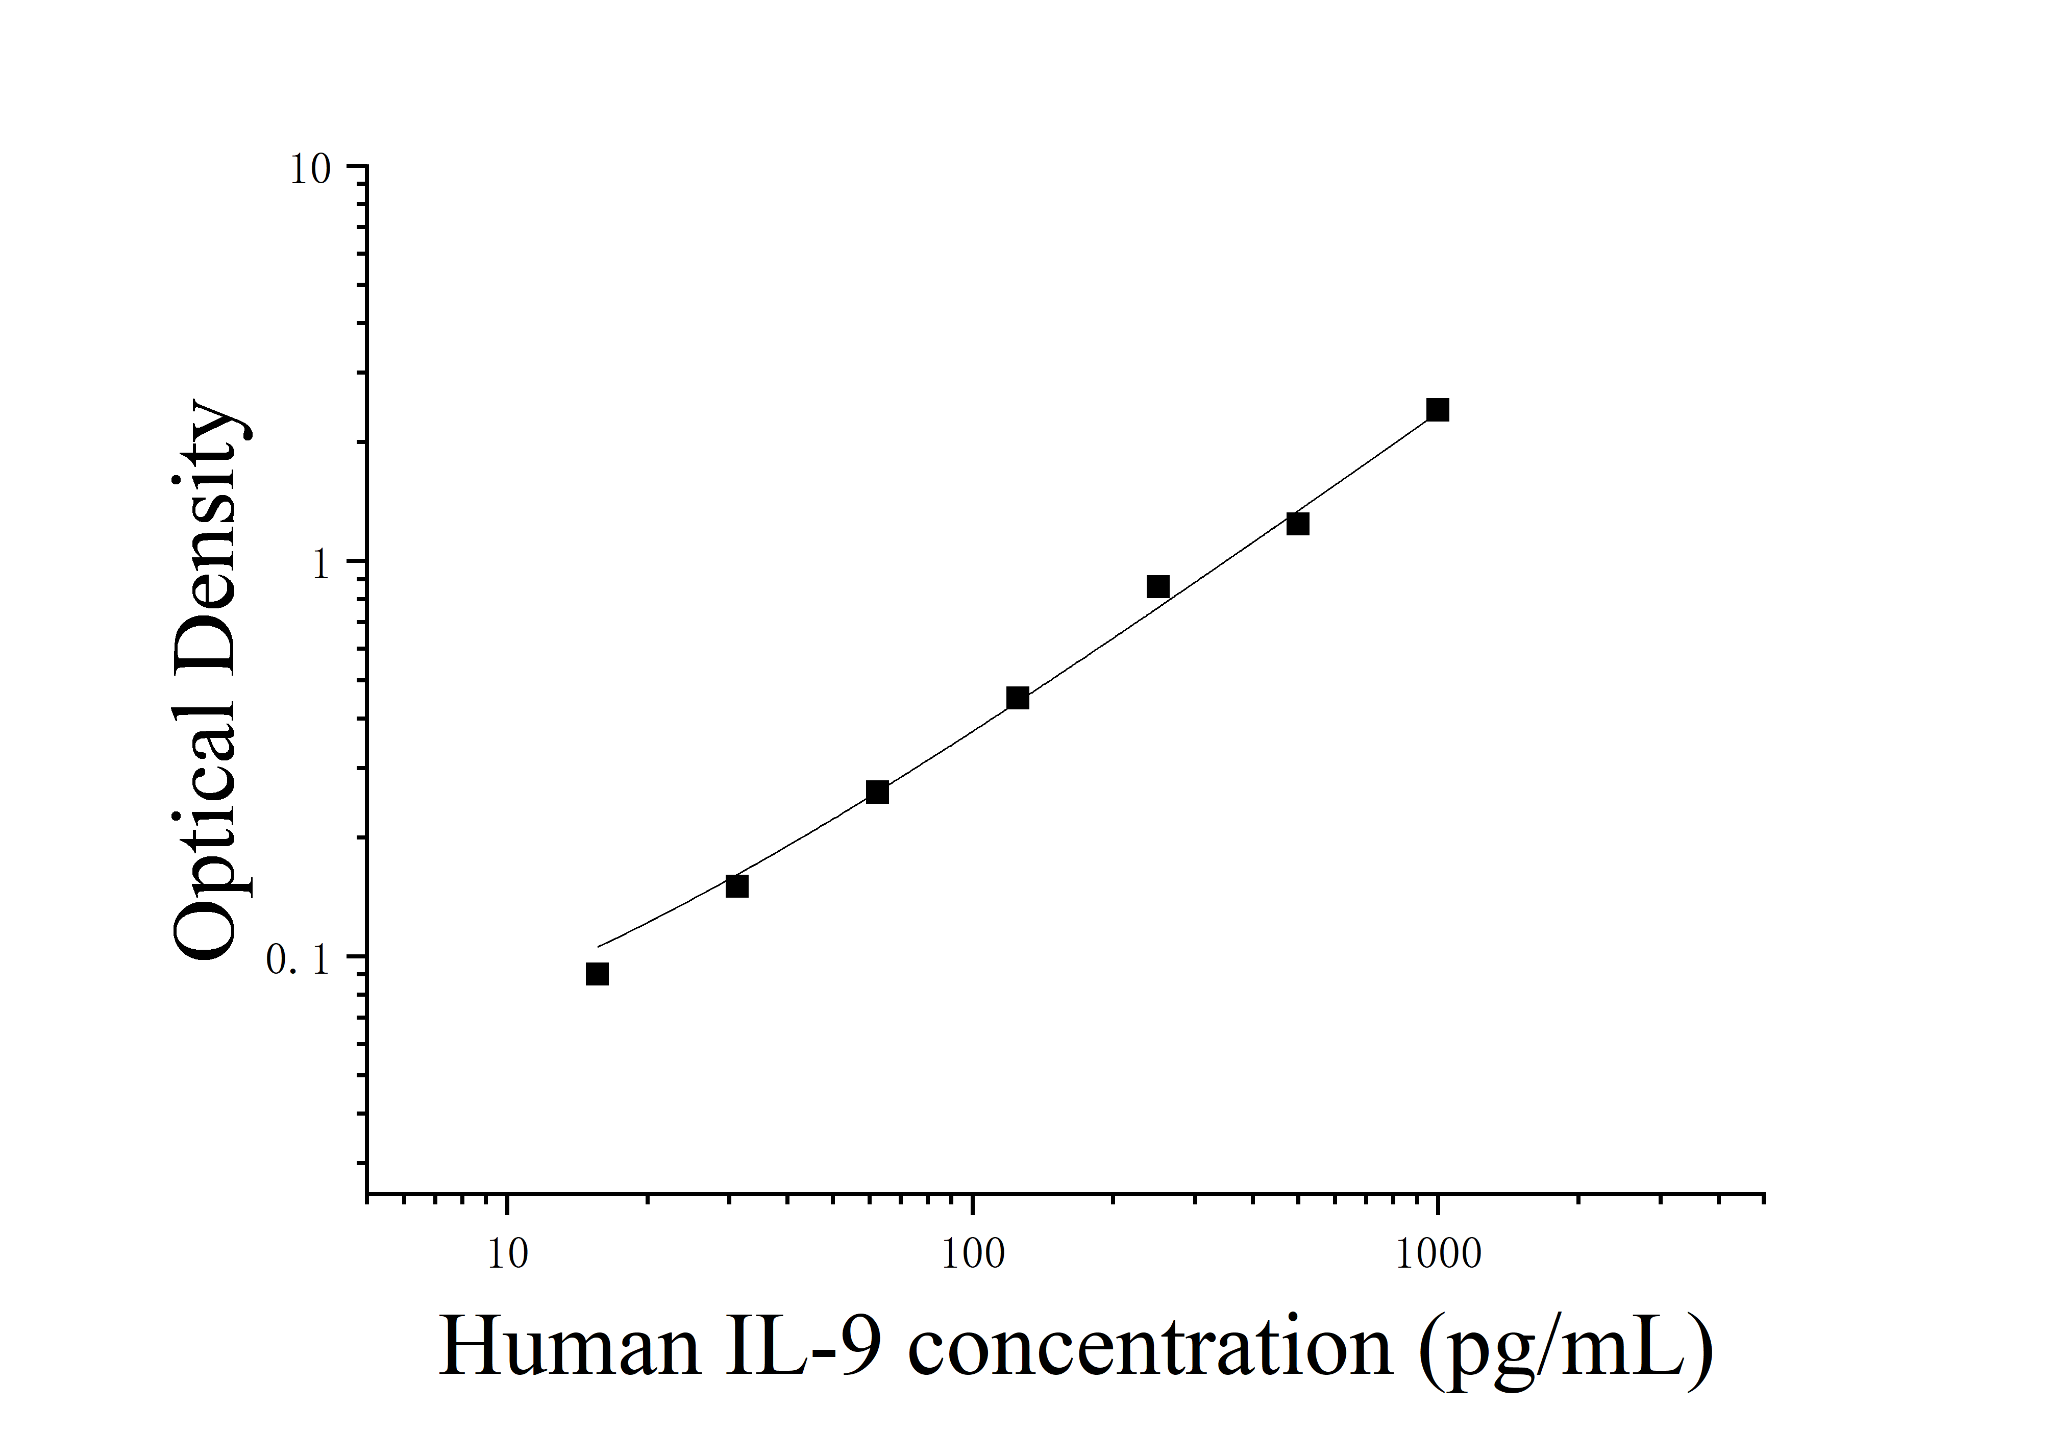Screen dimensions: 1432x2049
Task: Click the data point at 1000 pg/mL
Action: click(1438, 410)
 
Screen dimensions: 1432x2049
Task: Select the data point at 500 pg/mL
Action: click(1298, 524)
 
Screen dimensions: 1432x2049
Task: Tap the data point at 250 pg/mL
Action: click(1157, 586)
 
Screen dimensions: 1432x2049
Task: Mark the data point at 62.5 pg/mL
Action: click(877, 792)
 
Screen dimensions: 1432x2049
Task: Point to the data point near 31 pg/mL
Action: click(736, 886)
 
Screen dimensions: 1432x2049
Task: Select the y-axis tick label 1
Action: click(322, 565)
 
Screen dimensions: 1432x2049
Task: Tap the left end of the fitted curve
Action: click(599, 946)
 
